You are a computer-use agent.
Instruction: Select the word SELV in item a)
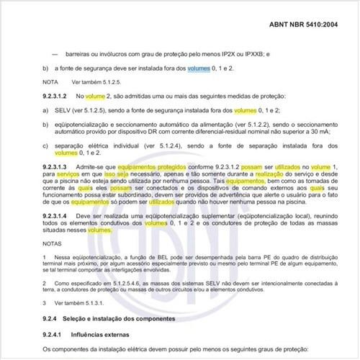(x=62, y=110)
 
